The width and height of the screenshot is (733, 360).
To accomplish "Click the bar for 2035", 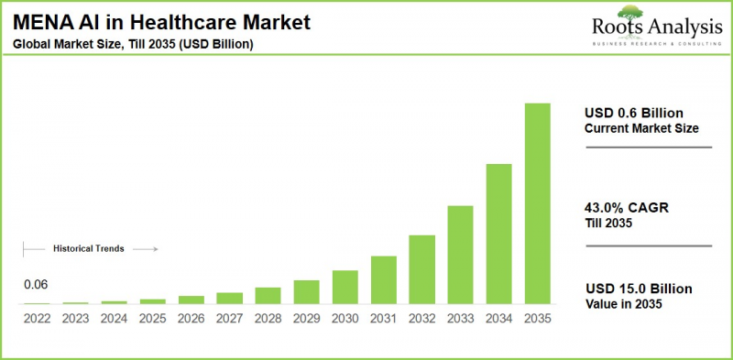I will pyautogui.click(x=537, y=203).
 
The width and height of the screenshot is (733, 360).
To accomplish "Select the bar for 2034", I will pyautogui.click(x=498, y=234).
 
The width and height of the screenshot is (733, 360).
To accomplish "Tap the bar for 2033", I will pyautogui.click(x=460, y=255).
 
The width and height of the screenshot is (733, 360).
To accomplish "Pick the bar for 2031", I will pyautogui.click(x=383, y=279).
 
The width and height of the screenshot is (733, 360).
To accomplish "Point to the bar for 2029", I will pyautogui.click(x=306, y=291).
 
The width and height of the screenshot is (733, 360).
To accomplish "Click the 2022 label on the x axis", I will pyautogui.click(x=38, y=319).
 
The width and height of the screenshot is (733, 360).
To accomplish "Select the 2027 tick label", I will pyautogui.click(x=230, y=319).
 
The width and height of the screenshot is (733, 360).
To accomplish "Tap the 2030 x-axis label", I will pyautogui.click(x=345, y=319).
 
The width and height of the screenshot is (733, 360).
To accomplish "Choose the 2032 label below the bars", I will pyautogui.click(x=421, y=319).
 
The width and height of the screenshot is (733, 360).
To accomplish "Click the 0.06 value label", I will pyautogui.click(x=36, y=285).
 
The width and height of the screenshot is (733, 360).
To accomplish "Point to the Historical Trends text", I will pyautogui.click(x=89, y=248).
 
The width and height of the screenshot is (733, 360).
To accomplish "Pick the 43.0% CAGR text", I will pyautogui.click(x=627, y=209).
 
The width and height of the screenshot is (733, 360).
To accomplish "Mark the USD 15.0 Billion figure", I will pyautogui.click(x=639, y=289).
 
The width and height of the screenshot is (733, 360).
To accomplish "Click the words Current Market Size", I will pyautogui.click(x=641, y=128).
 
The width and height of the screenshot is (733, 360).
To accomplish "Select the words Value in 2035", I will pyautogui.click(x=624, y=304).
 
